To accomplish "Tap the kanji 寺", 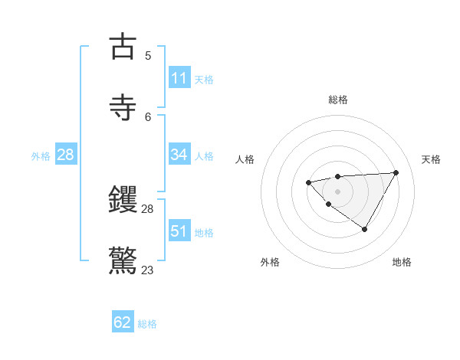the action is [x=123, y=107].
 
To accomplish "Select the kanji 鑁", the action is [x=123, y=200].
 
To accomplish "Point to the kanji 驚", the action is [x=123, y=260].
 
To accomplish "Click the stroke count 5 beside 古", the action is [x=148, y=55].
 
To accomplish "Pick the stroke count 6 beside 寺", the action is [x=148, y=116].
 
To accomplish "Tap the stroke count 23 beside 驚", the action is [x=148, y=270].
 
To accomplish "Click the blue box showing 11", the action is [x=179, y=78].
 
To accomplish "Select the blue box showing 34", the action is [x=179, y=155].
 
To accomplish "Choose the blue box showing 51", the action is [x=179, y=231].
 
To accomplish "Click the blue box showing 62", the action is [x=123, y=322].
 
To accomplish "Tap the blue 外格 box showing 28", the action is [x=66, y=155].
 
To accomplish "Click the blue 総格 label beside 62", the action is [x=147, y=324].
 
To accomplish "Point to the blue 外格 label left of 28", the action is [x=41, y=156].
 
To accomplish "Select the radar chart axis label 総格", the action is [x=337, y=100].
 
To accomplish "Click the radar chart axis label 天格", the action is [x=431, y=159].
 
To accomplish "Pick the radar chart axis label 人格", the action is [x=245, y=159].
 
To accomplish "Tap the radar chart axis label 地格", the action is [x=402, y=262].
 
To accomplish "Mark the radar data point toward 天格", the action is [x=396, y=172].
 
